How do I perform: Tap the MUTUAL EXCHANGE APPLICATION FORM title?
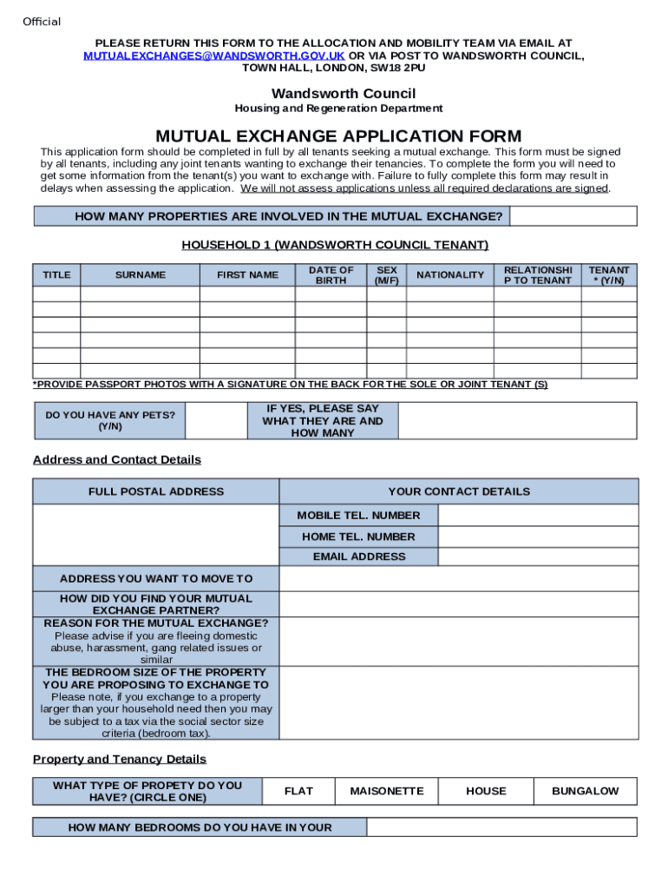click(x=338, y=136)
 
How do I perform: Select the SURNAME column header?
click(x=140, y=275)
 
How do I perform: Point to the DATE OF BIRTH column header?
click(x=331, y=275)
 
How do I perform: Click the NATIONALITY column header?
click(x=450, y=275)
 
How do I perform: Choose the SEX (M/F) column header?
click(x=387, y=275)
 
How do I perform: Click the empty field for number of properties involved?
click(x=573, y=216)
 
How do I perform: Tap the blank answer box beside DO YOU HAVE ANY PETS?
click(x=220, y=421)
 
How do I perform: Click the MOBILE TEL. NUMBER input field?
click(x=538, y=516)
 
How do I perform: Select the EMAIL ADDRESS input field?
click(x=538, y=556)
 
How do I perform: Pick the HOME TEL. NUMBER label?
click(x=358, y=537)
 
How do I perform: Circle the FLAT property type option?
click(x=298, y=791)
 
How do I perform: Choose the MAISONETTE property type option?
click(x=387, y=791)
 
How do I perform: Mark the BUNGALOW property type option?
click(x=586, y=791)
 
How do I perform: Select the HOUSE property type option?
click(x=486, y=791)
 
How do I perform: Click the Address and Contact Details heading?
click(x=117, y=459)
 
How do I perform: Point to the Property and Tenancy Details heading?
click(x=120, y=760)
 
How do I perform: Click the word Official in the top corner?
click(x=42, y=22)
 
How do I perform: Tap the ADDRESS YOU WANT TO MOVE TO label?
click(x=156, y=578)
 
